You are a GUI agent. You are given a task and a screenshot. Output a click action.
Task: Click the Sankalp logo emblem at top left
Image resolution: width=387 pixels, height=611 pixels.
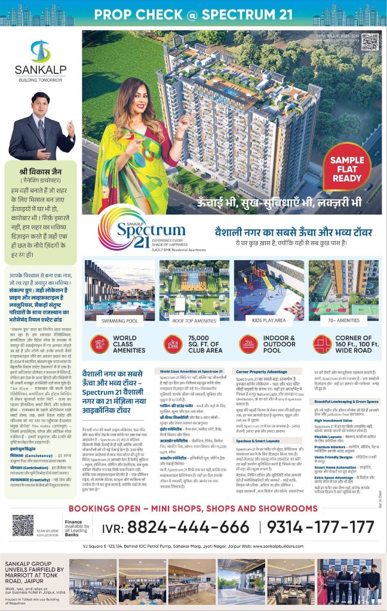[x=41, y=51]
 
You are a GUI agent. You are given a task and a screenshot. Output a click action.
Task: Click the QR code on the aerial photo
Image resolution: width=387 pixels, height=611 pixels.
[x=370, y=42]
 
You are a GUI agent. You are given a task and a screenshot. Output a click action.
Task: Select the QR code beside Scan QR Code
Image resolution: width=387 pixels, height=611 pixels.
[x=23, y=525]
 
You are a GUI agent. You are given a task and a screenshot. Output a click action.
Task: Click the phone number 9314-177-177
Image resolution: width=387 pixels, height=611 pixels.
[x=320, y=527]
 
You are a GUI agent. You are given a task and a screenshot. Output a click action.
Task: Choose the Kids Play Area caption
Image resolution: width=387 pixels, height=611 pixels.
[x=269, y=320]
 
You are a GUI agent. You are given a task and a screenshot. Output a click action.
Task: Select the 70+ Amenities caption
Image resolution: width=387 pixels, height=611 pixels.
[x=344, y=320]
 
